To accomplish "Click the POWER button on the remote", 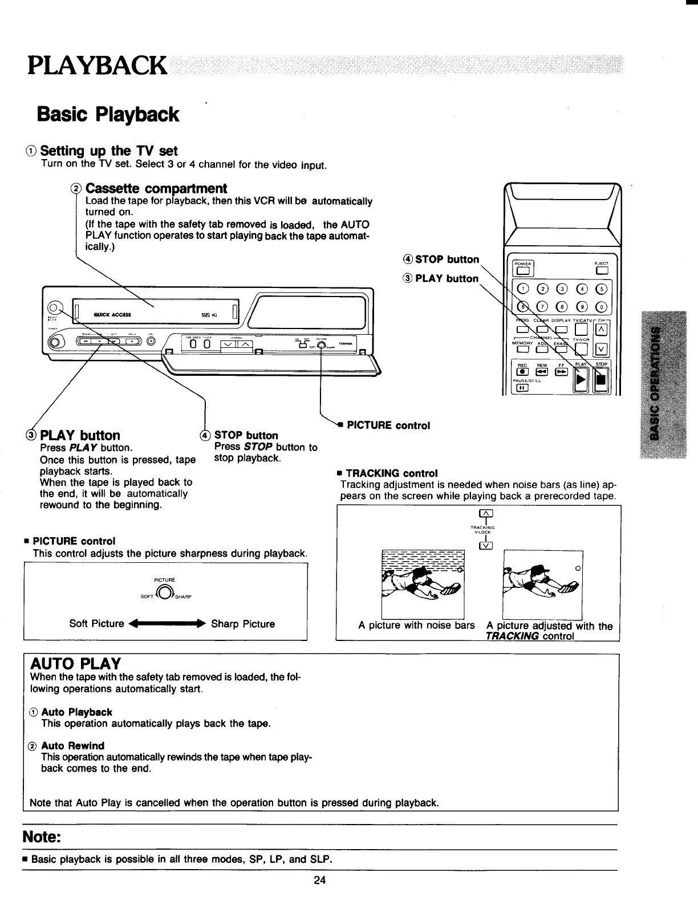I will [x=521, y=271].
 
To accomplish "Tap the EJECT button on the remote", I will [x=601, y=271].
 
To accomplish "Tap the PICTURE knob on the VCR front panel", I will [x=322, y=345].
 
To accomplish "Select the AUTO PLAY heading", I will [x=75, y=664].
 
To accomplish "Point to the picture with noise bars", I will [x=423, y=584].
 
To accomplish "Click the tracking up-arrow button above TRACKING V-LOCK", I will [x=486, y=518].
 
